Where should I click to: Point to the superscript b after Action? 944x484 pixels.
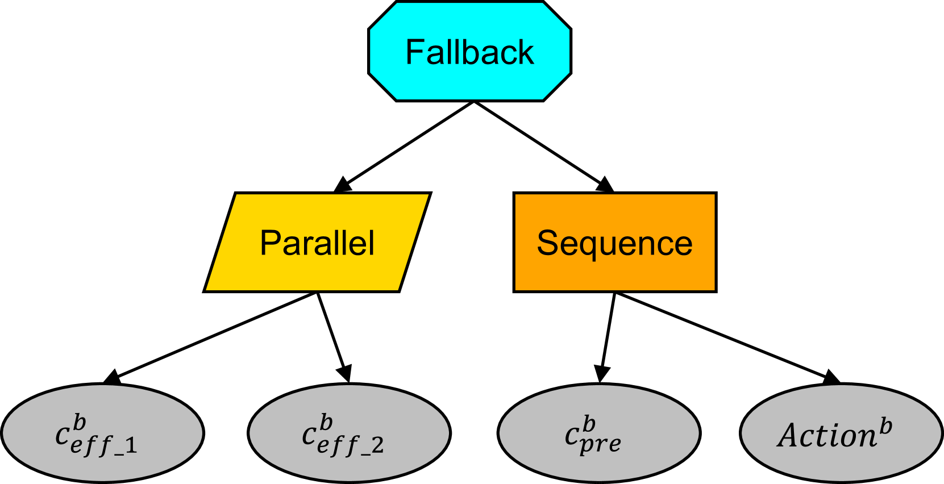(x=885, y=427)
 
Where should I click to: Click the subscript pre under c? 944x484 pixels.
(x=601, y=444)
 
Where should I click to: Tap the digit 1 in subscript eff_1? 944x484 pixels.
(x=131, y=446)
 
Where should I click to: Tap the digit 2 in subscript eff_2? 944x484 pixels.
(x=378, y=446)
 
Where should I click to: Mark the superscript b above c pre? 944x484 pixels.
(x=589, y=424)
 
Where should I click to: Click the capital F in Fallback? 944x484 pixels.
(x=415, y=52)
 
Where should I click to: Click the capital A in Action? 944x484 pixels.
(x=790, y=436)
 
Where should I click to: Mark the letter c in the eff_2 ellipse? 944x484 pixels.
(x=309, y=436)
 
